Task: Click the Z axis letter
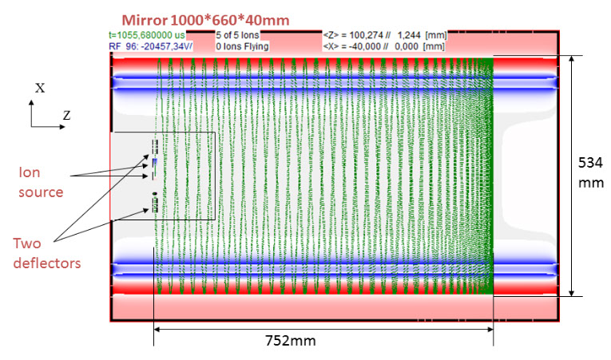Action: click(x=66, y=116)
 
